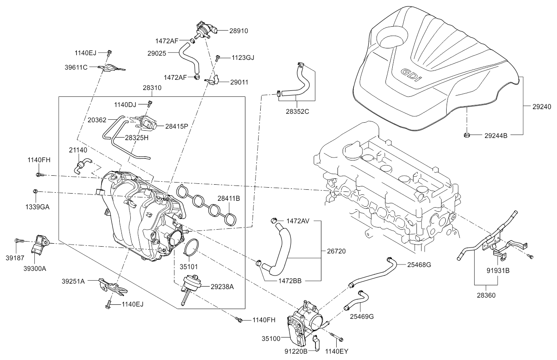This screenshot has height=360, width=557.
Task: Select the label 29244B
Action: tap(496, 136)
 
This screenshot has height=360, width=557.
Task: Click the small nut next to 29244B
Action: tap(466, 135)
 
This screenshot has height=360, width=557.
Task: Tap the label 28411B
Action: tap(229, 198)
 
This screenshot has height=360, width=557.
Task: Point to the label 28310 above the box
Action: tap(152, 88)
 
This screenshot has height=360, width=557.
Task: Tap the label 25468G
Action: tap(419, 264)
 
